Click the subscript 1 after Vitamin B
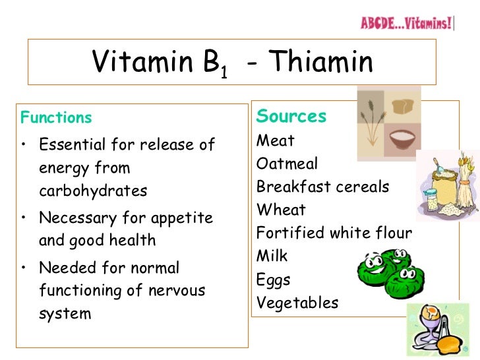(224, 72)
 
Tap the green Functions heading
(56, 118)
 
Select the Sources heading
(291, 116)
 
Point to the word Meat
(276, 140)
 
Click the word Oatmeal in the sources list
(287, 164)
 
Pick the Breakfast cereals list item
(322, 187)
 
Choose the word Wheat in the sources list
(281, 210)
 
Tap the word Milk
(272, 256)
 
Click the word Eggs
(273, 280)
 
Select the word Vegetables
(297, 303)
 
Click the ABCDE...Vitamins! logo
(407, 24)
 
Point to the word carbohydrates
(93, 191)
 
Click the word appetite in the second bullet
(181, 217)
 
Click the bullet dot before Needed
(24, 268)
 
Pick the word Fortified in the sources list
(287, 233)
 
